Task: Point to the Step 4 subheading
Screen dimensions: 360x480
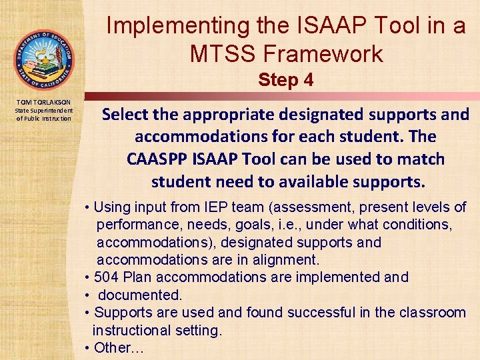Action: pos(285,81)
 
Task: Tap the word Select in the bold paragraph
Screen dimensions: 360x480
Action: pos(125,115)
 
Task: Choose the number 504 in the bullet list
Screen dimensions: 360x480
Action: pos(107,277)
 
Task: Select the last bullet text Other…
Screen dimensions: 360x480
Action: pos(119,347)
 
